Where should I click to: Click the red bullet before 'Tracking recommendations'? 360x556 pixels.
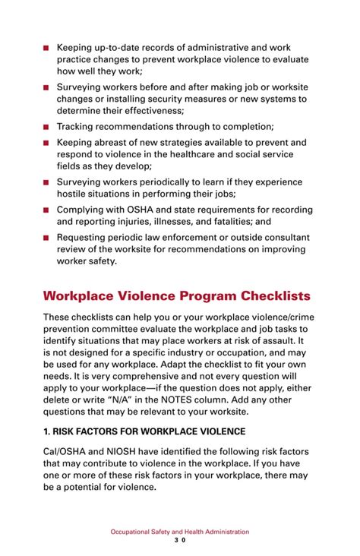click(x=46, y=127)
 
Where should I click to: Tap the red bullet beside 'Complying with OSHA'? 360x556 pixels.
click(x=46, y=210)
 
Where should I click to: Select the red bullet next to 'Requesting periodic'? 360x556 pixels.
click(x=46, y=238)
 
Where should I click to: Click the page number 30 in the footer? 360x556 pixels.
click(x=180, y=541)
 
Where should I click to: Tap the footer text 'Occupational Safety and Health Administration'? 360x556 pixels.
click(x=180, y=532)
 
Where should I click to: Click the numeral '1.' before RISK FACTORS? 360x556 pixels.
click(x=47, y=431)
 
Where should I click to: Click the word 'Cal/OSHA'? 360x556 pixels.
click(x=64, y=452)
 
